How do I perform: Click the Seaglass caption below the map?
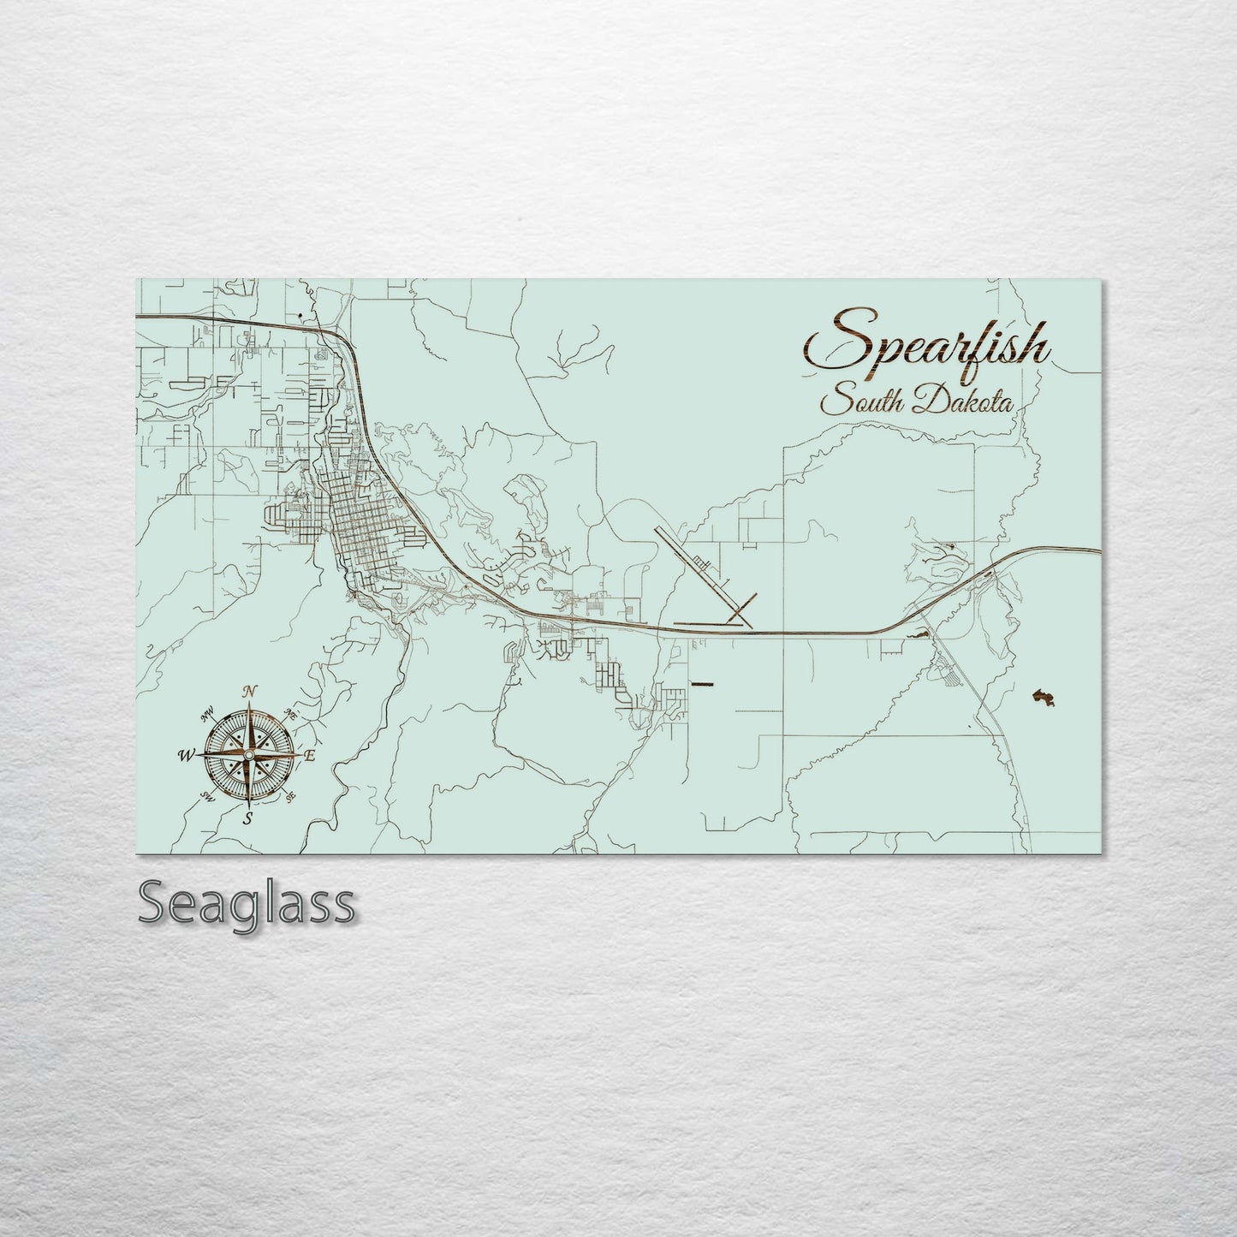click(x=246, y=902)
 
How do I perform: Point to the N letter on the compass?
click(x=250, y=692)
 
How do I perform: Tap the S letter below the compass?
click(x=248, y=819)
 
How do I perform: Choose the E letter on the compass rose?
click(x=310, y=756)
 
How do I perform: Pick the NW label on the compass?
click(x=207, y=713)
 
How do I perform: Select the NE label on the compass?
click(x=290, y=714)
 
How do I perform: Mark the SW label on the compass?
click(x=206, y=796)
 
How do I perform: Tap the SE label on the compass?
click(x=290, y=797)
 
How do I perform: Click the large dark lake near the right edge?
click(x=1042, y=697)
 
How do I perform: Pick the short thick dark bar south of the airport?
click(x=701, y=683)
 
